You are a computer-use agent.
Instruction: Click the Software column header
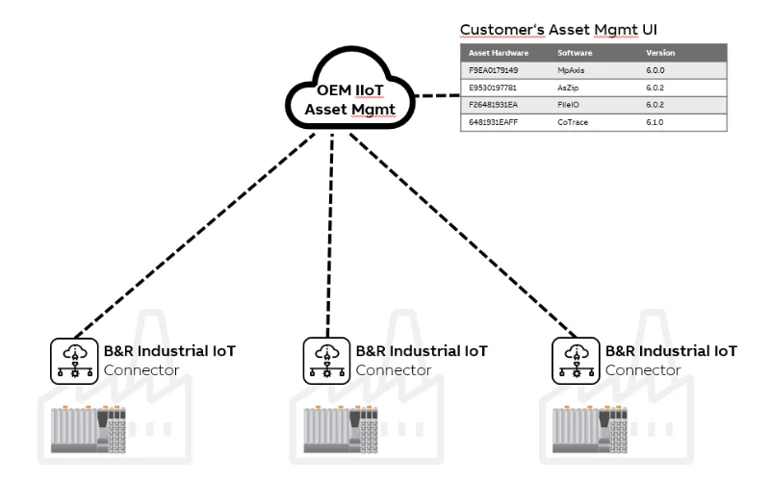tap(574, 52)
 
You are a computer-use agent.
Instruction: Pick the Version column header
tap(661, 52)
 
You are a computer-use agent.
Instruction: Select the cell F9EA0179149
tap(494, 69)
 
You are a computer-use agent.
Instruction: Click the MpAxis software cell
tap(572, 69)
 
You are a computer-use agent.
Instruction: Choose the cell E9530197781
tap(494, 87)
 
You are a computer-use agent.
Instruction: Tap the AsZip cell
tap(569, 87)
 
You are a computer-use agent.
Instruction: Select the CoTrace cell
tap(573, 121)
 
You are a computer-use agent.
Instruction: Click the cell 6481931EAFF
tap(495, 121)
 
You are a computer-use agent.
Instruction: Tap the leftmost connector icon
tap(68, 358)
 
